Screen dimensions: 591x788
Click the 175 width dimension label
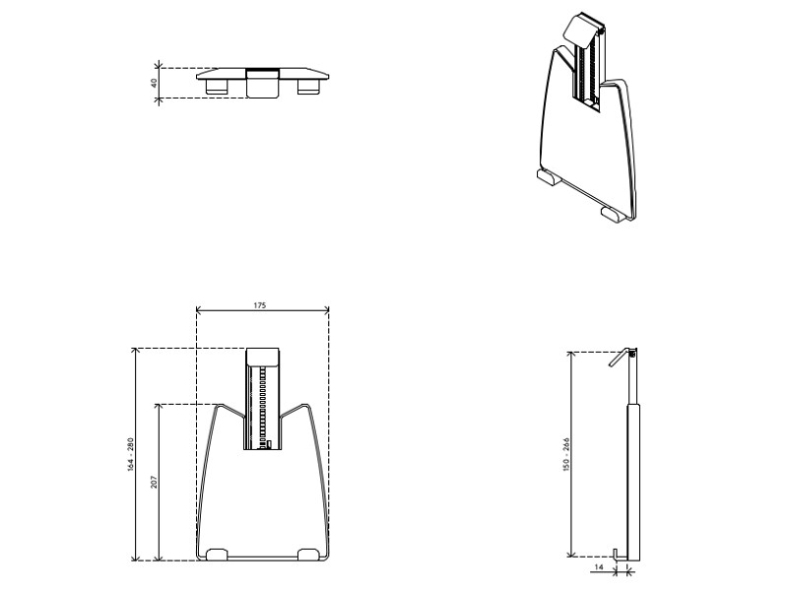tap(260, 306)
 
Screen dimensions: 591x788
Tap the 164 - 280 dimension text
tap(130, 454)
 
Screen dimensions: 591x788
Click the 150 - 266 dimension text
tap(566, 453)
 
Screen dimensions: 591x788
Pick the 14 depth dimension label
tap(598, 568)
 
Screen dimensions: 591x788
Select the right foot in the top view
tap(310, 88)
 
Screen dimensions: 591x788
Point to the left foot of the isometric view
tap(549, 178)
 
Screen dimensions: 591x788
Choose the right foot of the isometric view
tap(612, 213)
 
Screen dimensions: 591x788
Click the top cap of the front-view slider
tap(263, 358)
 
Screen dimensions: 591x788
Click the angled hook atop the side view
tap(620, 360)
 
